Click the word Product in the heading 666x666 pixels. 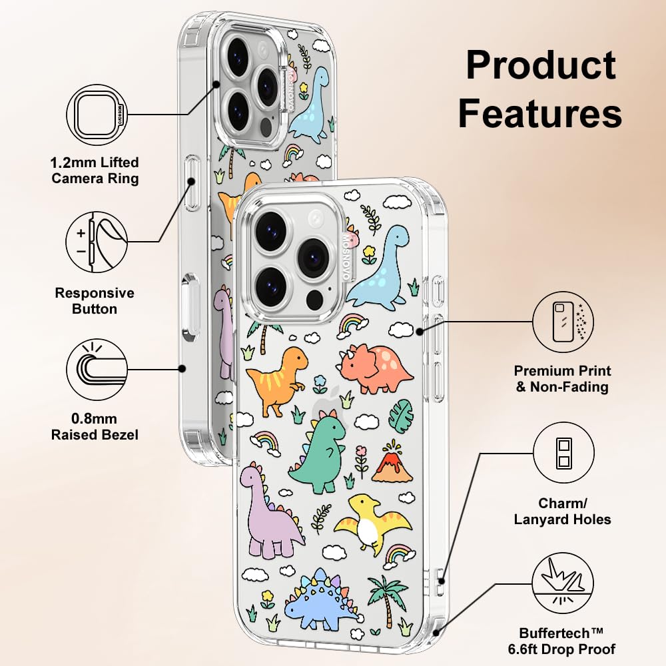click(x=540, y=65)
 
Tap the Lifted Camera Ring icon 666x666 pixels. click(x=97, y=114)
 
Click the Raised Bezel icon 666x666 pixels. click(x=97, y=368)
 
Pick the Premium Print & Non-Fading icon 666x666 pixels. click(x=563, y=322)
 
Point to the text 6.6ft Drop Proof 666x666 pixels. click(x=567, y=648)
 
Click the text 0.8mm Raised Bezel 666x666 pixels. click(x=95, y=427)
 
